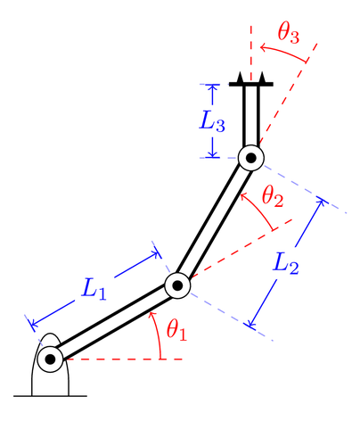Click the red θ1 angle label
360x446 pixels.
click(177, 330)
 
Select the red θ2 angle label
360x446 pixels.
click(272, 198)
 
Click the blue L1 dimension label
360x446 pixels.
click(94, 289)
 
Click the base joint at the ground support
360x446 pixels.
click(50, 359)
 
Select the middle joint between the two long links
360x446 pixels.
click(177, 285)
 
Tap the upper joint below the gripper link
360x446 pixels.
click(250, 158)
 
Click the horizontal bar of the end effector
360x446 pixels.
click(250, 85)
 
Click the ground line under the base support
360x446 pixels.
click(50, 393)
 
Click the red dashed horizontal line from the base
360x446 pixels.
click(125, 359)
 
